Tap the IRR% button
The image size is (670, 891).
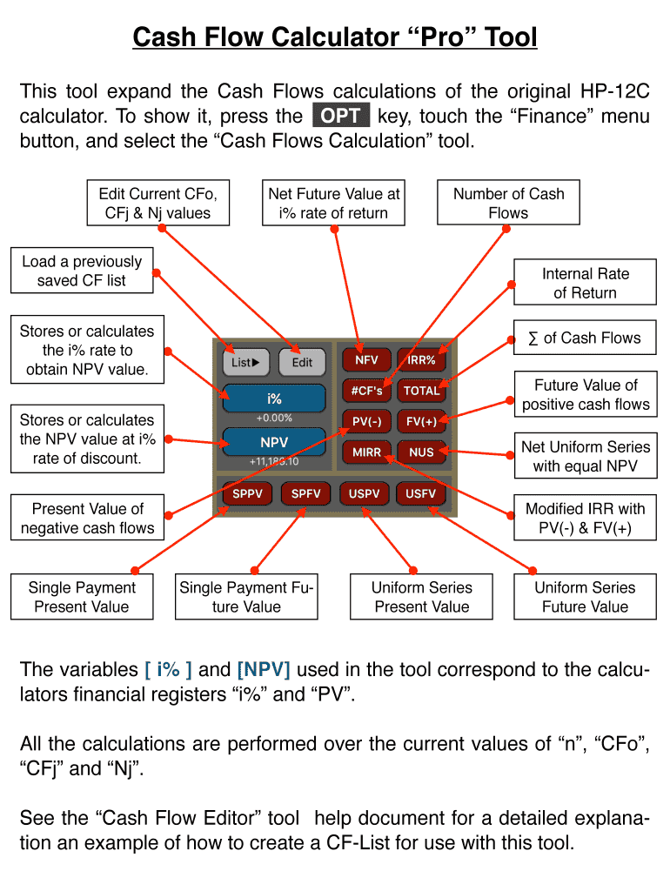tap(421, 360)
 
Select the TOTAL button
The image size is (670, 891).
tap(421, 391)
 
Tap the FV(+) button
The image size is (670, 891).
tap(421, 421)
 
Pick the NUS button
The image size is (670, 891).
tap(421, 452)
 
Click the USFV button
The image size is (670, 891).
tap(421, 494)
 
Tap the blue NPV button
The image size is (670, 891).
tap(274, 442)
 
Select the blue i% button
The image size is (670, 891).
tap(274, 399)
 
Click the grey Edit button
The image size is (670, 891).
tap(302, 363)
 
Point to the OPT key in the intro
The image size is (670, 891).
tap(340, 116)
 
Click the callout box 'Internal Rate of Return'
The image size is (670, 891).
tap(585, 283)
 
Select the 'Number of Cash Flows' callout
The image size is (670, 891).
tap(508, 204)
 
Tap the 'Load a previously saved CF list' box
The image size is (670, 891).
tap(82, 271)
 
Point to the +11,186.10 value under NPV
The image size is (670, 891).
tap(274, 461)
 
